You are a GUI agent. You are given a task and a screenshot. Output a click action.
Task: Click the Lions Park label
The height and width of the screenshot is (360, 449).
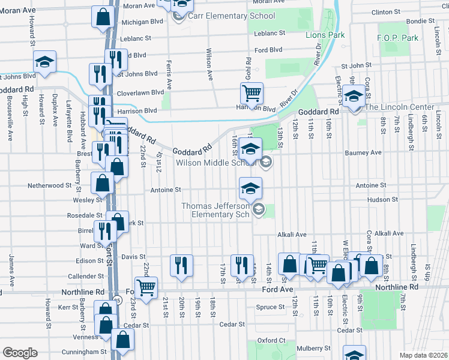pos(324,35)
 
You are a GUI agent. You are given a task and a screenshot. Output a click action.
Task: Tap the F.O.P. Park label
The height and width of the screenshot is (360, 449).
pos(397,38)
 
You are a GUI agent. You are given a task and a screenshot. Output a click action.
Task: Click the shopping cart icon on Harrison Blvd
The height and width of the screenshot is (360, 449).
pos(252,94)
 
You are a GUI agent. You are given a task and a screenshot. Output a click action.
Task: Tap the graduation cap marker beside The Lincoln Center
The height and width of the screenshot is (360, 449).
pos(354,96)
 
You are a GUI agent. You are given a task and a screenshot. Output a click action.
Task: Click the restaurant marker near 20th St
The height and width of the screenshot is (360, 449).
pos(181,265)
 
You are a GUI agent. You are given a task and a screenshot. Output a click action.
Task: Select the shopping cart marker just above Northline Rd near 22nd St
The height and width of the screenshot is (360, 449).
pos(146,287)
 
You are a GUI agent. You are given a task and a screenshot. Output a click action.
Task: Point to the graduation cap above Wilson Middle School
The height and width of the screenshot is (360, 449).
pos(250,149)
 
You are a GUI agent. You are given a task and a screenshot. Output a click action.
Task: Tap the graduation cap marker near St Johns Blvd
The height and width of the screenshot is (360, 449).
pos(44,63)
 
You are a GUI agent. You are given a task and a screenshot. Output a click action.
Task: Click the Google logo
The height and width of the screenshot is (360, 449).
pos(20,353)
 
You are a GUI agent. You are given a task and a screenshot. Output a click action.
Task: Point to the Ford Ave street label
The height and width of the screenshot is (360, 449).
pos(277,289)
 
